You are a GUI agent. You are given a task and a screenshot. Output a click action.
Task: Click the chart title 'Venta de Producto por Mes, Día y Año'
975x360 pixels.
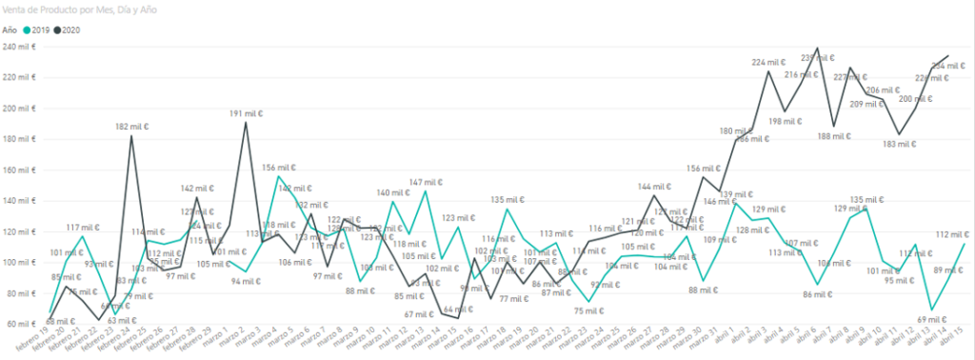(x=79, y=10)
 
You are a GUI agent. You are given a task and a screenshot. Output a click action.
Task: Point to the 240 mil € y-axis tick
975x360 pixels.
(x=19, y=47)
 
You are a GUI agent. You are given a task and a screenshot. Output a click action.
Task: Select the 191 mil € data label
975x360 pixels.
(x=247, y=113)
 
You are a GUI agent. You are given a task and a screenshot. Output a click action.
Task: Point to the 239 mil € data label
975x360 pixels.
(x=814, y=58)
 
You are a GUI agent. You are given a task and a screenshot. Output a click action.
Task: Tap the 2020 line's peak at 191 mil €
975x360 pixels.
(x=247, y=122)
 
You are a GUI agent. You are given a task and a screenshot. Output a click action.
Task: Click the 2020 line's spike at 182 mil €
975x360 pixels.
(x=130, y=136)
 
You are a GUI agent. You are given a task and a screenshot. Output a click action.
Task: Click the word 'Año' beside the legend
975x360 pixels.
(x=10, y=30)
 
